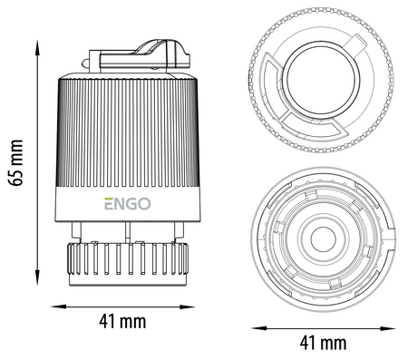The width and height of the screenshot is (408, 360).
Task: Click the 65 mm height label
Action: [x=15, y=162]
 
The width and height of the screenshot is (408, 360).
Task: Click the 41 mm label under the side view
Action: [x=122, y=322]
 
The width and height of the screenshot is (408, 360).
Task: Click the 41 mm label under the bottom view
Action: [x=323, y=344]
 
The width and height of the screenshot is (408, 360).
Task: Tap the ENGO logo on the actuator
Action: [x=128, y=204]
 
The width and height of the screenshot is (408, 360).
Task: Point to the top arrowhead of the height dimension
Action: [x=37, y=48]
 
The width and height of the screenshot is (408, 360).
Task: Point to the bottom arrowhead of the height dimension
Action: [x=37, y=277]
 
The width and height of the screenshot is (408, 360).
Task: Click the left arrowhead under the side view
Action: [x=59, y=306]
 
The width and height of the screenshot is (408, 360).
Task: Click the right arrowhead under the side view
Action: [x=188, y=306]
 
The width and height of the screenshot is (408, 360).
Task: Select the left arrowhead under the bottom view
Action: [x=259, y=328]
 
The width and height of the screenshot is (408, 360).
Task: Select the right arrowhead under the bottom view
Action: [x=388, y=328]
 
